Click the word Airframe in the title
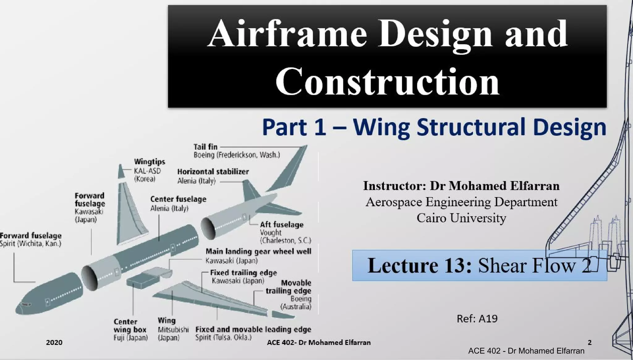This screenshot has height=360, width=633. pos(287,33)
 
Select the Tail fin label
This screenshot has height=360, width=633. pos(205,147)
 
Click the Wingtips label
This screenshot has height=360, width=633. pos(150,162)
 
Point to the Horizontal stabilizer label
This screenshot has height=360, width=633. pos(213,172)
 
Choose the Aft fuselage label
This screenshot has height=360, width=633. pos(282,225)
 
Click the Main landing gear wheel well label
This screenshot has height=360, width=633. pos(258,252)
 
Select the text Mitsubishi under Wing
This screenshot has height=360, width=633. pos(173,330)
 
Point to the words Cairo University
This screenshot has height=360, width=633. pos(461,218)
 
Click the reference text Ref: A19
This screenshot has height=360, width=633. pos(477,319)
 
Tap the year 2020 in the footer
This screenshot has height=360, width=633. pos(54,342)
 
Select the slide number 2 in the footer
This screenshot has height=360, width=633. pos(589,342)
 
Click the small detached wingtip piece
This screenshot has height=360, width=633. pos(121,172)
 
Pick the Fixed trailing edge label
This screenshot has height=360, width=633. pos(243,273)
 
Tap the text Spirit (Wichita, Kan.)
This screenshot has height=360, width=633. pos(31,244)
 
